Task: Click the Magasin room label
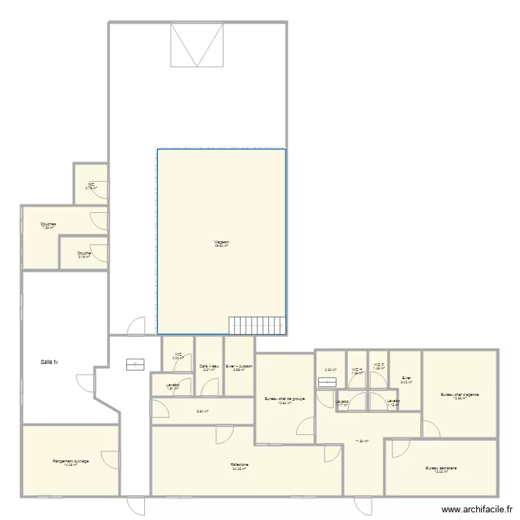[222, 242]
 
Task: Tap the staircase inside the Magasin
[257, 324]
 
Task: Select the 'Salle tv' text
[49, 362]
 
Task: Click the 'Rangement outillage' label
[71, 461]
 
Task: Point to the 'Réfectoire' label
[240, 465]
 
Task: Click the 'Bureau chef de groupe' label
[285, 399]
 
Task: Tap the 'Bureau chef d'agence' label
[460, 395]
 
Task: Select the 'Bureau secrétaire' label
[441, 468]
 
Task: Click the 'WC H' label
[356, 370]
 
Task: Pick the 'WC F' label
[378, 365]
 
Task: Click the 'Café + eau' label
[209, 366]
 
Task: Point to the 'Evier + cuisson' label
[239, 366]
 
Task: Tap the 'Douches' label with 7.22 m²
[49, 224]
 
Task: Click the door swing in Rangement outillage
[109, 458]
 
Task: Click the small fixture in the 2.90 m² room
[325, 381]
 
